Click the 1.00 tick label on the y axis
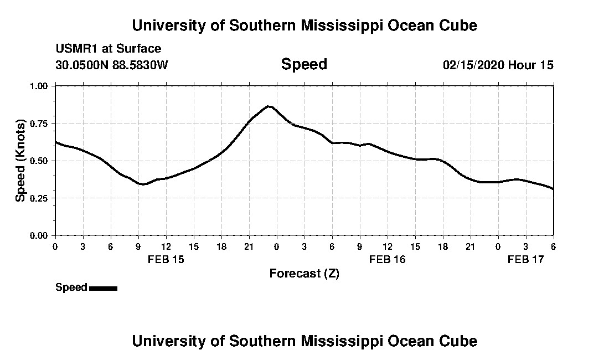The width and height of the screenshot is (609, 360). coord(39,86)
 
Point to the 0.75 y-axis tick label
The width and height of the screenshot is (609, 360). coord(39,124)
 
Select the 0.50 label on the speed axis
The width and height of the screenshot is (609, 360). coord(39,161)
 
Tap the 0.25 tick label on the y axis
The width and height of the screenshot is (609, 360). coord(39,198)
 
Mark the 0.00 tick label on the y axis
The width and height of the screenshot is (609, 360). coord(39,235)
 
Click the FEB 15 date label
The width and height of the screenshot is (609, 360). coord(166,259)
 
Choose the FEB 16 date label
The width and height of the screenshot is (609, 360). coord(388,259)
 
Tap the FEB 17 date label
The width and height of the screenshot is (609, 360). coord(526,259)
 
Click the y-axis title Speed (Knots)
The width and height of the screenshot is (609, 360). coord(20,161)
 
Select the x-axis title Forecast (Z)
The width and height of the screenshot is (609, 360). coord(304,274)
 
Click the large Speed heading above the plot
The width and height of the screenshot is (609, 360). coord(304,64)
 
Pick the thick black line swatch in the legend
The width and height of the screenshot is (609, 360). coord(103,288)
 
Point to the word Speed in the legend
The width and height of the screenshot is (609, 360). coord(71,287)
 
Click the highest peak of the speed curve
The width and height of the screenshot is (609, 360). coord(269,106)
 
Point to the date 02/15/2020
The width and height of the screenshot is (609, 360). coord(473,65)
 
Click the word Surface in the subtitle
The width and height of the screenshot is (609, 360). coord(142,49)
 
